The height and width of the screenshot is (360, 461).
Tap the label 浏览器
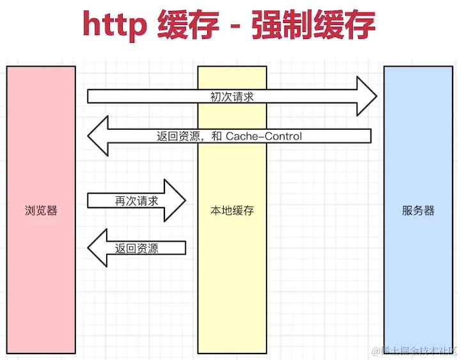41,210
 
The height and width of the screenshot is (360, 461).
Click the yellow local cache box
232,288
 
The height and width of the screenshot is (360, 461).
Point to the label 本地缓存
232,210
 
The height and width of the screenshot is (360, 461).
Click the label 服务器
418,210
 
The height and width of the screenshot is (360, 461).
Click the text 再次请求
136,200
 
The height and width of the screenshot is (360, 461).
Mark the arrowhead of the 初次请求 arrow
366,97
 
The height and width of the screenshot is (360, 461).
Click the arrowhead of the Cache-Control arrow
99,136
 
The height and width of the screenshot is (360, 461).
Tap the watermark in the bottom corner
418,350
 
